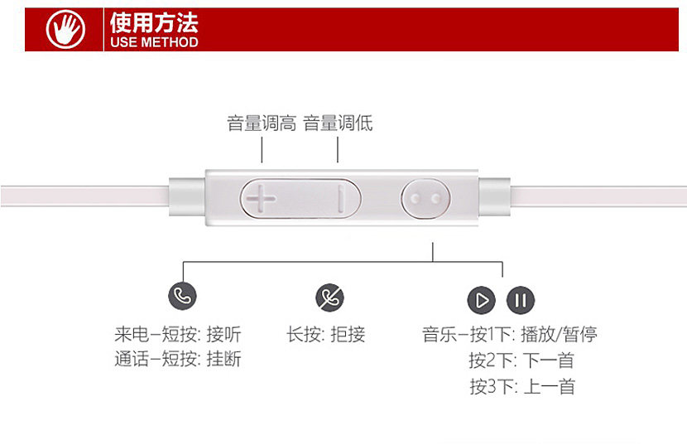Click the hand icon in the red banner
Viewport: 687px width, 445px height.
(65, 31)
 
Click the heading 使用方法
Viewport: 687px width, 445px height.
(154, 22)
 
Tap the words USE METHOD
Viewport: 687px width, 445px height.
(154, 41)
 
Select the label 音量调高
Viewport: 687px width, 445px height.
(262, 123)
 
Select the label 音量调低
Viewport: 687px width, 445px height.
(338, 123)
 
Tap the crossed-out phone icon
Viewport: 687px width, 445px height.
(329, 297)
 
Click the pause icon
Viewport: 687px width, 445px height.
(521, 299)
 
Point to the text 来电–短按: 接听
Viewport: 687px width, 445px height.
(178, 335)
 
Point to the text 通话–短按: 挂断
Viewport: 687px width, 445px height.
(178, 360)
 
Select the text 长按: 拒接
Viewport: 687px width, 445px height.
(325, 335)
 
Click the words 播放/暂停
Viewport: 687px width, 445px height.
(559, 335)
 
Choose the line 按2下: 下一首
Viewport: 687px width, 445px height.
(521, 360)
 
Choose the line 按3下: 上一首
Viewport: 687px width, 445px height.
(521, 386)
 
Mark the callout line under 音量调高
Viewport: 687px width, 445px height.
(262, 150)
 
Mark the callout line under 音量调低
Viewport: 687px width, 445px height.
(338, 150)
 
